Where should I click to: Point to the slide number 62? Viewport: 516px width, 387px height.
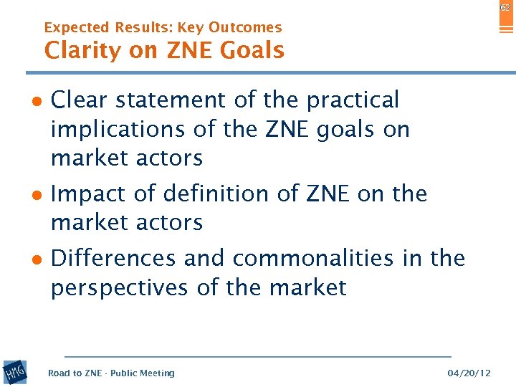click(x=506, y=6)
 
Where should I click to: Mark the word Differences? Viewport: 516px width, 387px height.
click(x=114, y=258)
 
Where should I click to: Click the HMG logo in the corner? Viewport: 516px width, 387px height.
click(x=15, y=372)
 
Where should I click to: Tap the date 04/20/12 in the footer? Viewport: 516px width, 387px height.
click(x=469, y=373)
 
